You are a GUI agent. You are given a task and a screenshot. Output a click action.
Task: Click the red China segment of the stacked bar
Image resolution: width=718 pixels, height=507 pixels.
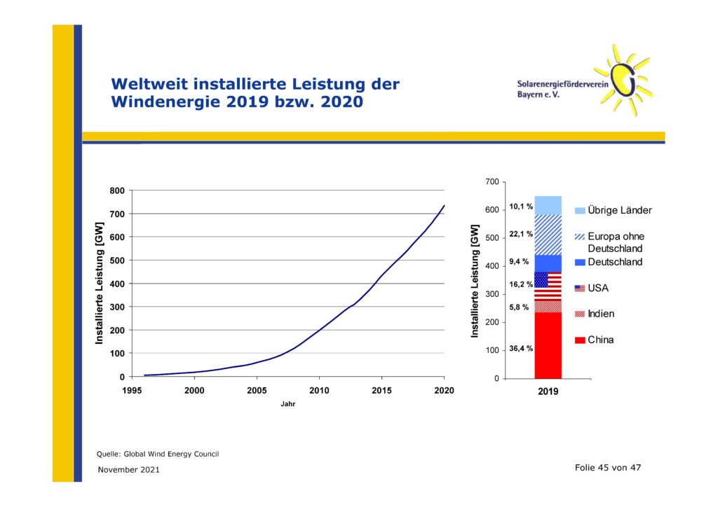548,345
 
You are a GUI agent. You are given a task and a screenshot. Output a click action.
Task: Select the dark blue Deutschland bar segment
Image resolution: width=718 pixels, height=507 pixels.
548,263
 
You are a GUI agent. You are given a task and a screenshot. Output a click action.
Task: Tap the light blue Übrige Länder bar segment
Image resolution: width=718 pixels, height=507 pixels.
548,205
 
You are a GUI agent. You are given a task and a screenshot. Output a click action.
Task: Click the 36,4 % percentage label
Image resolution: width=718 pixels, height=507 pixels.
521,348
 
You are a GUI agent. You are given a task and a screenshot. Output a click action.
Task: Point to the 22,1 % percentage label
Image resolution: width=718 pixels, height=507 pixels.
521,234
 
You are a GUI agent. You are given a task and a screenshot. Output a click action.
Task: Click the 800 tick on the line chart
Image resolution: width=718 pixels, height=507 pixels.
117,190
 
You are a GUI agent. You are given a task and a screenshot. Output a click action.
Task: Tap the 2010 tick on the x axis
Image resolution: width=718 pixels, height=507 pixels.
319,391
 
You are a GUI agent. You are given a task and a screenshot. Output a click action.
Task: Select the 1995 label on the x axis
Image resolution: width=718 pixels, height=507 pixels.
132,391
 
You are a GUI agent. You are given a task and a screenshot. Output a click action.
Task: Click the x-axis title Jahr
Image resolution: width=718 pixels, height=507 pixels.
288,404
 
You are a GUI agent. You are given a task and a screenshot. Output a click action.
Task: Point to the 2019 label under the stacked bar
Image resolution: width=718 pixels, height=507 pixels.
548,391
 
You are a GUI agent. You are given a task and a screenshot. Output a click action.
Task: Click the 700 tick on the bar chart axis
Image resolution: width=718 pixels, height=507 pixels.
492,182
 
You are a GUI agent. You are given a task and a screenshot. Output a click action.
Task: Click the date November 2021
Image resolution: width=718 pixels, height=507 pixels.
129,469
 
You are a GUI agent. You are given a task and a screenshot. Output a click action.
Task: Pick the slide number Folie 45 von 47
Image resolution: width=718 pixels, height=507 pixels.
608,468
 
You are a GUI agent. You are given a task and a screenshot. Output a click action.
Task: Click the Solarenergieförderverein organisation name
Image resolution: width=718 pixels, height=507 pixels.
563,84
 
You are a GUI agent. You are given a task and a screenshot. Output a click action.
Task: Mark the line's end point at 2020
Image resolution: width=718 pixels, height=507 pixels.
444,205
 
